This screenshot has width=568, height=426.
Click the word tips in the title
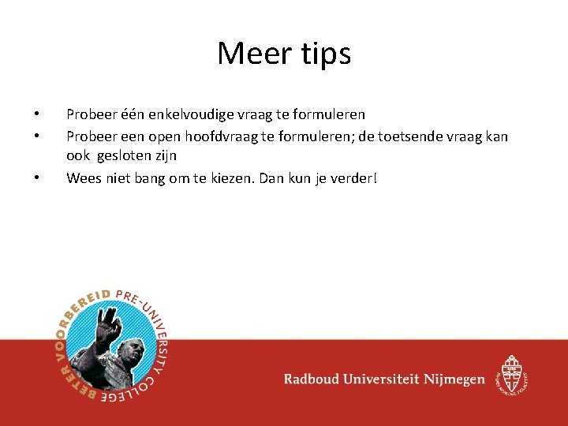pos(322,54)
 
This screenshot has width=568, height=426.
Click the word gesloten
pos(125,156)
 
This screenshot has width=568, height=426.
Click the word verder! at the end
pos(353,177)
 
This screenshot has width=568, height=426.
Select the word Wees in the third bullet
pos(82,177)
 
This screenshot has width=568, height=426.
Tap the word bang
pos(150,177)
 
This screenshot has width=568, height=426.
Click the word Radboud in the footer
pos(316,379)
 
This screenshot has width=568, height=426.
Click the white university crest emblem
pos(511,374)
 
